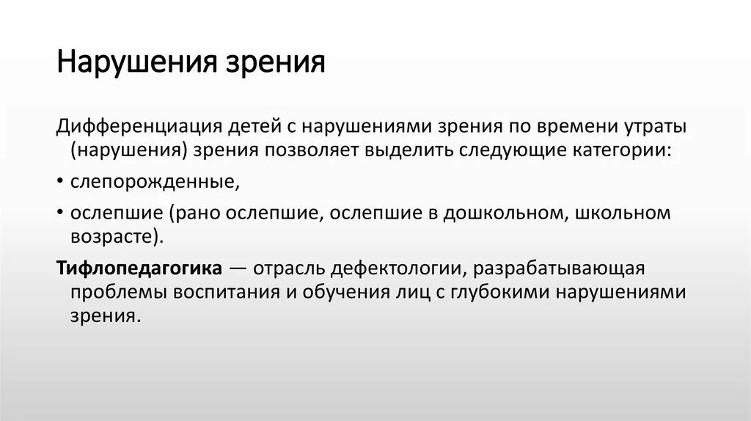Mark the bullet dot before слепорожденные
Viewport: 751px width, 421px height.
[x=59, y=181]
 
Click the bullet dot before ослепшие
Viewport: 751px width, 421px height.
[x=59, y=213]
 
